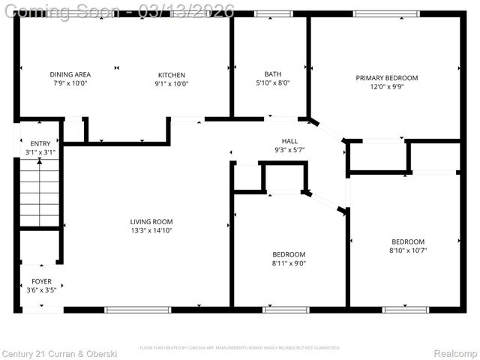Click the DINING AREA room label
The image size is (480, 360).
point(70,74)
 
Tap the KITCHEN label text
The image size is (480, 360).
point(171,74)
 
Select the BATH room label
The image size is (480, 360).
point(272,73)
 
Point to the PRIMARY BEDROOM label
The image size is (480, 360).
point(386,77)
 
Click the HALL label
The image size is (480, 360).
point(289,141)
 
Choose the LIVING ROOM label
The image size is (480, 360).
point(151,221)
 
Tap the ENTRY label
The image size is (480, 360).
point(40,143)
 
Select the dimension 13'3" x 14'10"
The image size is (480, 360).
point(151,230)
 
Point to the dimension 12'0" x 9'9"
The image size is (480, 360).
point(386,86)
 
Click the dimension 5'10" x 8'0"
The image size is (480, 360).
point(272,83)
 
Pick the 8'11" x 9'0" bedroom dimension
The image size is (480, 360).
point(289,263)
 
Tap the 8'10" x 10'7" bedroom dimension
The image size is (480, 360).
point(408,250)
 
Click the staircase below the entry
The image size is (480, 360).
point(39,198)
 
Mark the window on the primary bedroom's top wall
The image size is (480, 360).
point(386,13)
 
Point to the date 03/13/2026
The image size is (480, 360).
point(192,10)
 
